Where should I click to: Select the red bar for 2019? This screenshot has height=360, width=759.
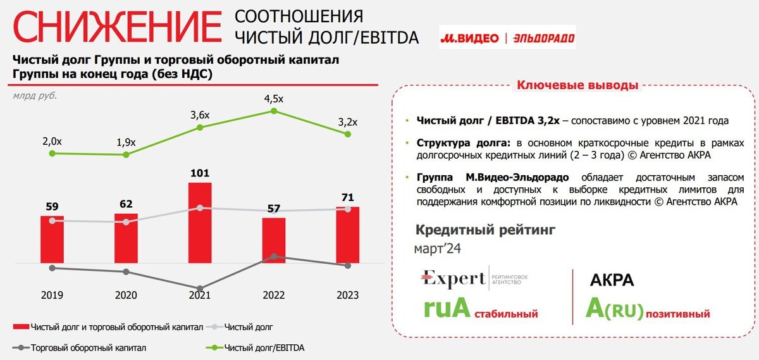[x=52, y=239]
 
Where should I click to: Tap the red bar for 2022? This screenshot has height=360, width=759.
[x=274, y=240]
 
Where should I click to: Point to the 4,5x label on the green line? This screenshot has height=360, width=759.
[x=273, y=99]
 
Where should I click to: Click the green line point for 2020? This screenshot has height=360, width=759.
[x=126, y=154]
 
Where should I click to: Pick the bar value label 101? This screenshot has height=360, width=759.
[x=200, y=173]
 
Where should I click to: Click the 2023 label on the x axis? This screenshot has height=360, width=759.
[x=348, y=295]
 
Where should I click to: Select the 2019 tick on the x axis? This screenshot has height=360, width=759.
[x=52, y=295]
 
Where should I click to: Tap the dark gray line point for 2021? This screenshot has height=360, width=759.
[x=200, y=289]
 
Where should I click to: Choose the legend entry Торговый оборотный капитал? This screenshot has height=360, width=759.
[x=88, y=347]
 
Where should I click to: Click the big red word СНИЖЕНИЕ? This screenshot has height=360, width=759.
[x=118, y=28]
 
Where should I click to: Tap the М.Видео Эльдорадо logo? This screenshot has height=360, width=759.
[x=507, y=38]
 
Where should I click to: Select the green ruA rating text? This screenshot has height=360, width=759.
[x=447, y=309]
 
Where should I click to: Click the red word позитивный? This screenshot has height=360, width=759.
[x=679, y=313]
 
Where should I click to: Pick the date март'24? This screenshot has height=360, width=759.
[x=438, y=249]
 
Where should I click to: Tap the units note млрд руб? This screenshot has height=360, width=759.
[x=35, y=96]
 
